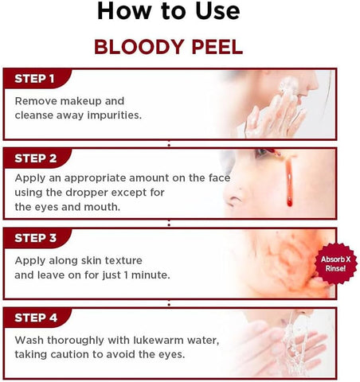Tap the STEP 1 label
[x=34, y=79]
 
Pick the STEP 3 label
[x=34, y=237]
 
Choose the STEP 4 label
[x=34, y=318]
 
